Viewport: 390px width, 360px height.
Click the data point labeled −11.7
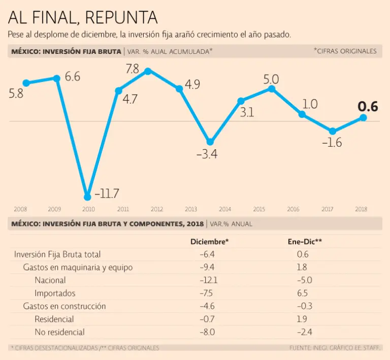pos(88,197)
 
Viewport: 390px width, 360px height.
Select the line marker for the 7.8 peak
pos(148,71)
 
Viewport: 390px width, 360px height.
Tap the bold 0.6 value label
pos(368,107)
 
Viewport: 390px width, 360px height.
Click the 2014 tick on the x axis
pos(225,209)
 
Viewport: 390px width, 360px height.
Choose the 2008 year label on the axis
pos(21,209)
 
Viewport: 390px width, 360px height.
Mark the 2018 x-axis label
pos(361,209)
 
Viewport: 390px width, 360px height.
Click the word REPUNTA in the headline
pos(121,18)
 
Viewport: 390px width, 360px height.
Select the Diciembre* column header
pos(209,242)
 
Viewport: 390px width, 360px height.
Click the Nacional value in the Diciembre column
pos(209,280)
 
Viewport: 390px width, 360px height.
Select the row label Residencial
pos(54,319)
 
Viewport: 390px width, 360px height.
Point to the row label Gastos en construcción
pos(64,306)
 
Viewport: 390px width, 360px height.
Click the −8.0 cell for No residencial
pos(209,332)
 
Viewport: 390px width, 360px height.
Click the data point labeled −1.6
pos(333,131)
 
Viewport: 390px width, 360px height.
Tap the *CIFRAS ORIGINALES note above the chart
pos(345,51)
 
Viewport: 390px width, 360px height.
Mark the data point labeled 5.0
pos(272,89)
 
